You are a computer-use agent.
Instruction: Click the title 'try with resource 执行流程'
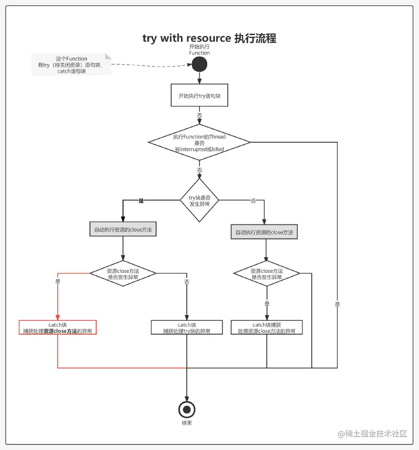point(209,38)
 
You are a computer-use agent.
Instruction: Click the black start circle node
point(199,64)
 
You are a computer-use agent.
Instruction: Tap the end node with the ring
point(187,409)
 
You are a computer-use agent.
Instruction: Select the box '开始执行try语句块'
point(199,96)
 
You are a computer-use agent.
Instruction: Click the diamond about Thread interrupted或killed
point(199,142)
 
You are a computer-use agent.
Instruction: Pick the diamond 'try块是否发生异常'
point(199,200)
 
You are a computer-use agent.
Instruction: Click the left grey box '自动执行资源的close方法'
point(123,230)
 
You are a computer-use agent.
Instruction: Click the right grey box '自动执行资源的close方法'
point(264,232)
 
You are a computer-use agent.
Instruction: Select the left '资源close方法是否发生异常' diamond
point(123,274)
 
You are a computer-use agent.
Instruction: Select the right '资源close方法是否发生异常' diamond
point(267,274)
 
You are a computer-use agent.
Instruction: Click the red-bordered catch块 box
point(58,328)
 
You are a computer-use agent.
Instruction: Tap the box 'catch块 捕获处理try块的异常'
point(187,328)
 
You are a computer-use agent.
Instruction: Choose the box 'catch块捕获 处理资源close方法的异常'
point(267,328)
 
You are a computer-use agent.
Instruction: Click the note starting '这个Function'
point(72,65)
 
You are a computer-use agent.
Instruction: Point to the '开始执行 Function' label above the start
point(199,49)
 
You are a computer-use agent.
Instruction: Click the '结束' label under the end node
point(187,423)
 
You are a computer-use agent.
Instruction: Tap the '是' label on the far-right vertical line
point(337,304)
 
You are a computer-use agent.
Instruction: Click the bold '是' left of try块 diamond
point(141,201)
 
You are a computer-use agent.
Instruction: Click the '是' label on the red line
point(58,281)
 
